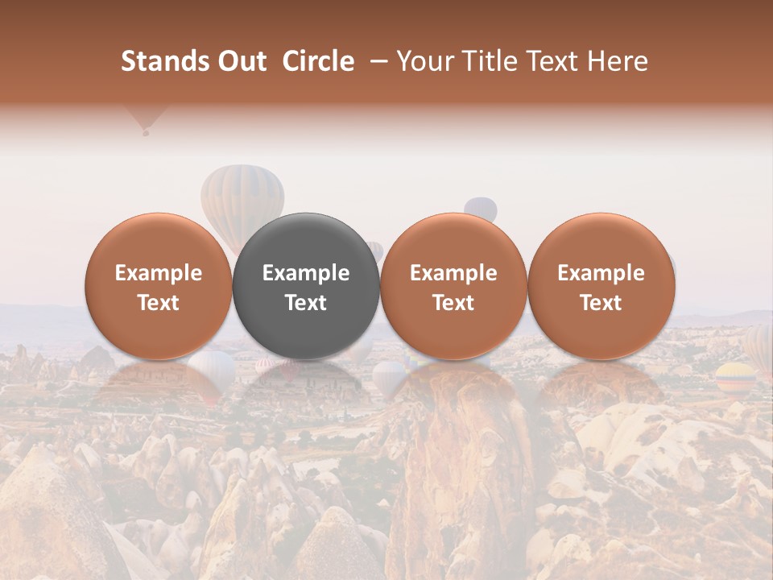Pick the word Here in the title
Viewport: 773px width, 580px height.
[x=618, y=62]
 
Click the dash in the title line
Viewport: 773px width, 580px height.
[x=376, y=62]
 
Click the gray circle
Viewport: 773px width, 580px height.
[x=306, y=286]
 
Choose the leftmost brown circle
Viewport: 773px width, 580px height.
[x=159, y=286]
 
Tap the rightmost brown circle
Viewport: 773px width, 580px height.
[x=601, y=286]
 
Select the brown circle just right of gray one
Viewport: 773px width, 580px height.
[x=453, y=286]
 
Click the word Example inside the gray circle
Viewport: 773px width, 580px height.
[x=306, y=273]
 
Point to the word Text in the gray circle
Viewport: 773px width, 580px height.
[x=306, y=303]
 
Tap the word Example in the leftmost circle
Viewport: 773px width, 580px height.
[x=159, y=273]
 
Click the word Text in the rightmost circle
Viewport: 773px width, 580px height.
[x=601, y=303]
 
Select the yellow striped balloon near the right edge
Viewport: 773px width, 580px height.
[x=736, y=375]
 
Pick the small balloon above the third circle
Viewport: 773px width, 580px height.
[x=481, y=208]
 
